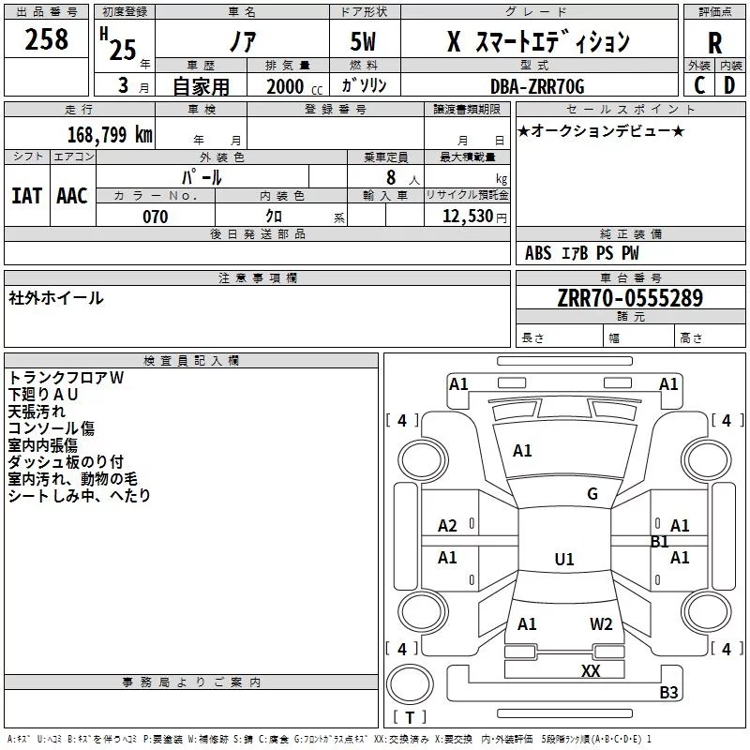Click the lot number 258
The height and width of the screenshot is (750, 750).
pos(47,39)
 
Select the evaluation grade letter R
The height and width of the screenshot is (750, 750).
pos(714,42)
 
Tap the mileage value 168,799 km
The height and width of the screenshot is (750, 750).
pos(110,134)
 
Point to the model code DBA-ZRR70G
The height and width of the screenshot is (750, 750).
pos(537,86)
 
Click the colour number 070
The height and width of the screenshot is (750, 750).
pos(155,217)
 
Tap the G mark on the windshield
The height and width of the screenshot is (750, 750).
pos(592,493)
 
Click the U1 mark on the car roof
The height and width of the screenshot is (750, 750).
pos(564,560)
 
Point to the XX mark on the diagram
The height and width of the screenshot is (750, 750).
pos(591,670)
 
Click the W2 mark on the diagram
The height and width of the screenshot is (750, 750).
pos(601,623)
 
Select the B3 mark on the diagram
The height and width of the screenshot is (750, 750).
pos(668,693)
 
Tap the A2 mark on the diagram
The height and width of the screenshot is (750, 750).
pos(447,526)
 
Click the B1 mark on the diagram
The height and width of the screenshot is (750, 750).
pos(660,542)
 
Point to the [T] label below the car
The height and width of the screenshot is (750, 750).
pos(409,718)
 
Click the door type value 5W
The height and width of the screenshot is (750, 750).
pos(365,43)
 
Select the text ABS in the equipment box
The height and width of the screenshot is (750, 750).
pos(538,253)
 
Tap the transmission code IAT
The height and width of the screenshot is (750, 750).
pos(27,195)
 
